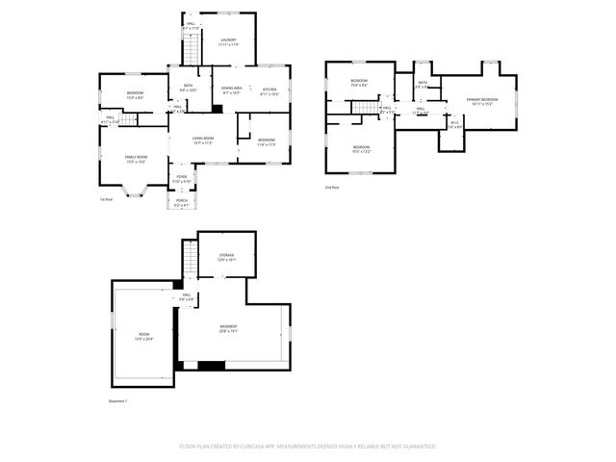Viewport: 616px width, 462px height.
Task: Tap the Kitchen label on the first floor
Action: [269, 91]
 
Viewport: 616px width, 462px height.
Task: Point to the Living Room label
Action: [202, 141]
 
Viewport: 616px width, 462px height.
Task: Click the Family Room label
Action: [135, 159]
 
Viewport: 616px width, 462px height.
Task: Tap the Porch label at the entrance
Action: [181, 203]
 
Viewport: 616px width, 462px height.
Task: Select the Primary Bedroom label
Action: [481, 101]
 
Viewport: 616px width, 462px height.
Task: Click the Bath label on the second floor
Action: [423, 84]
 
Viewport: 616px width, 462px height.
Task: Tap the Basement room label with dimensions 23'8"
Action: [228, 328]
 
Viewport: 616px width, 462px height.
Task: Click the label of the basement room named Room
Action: [143, 336]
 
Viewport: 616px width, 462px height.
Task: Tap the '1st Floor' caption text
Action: [107, 200]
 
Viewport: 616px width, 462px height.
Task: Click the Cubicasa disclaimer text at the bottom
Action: [308, 447]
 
